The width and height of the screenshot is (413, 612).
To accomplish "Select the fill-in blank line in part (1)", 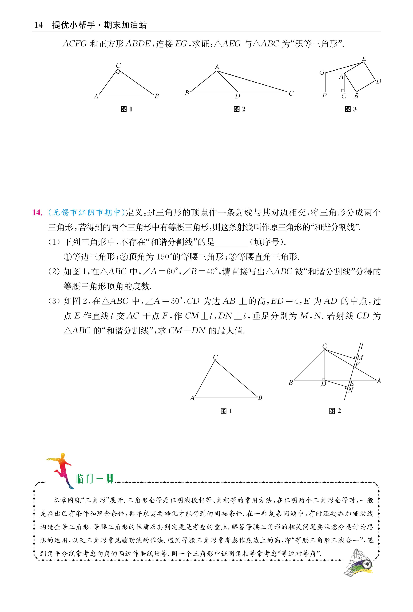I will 232,242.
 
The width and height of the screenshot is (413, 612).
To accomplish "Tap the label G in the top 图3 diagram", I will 322,72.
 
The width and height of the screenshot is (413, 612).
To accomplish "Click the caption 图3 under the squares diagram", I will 350,109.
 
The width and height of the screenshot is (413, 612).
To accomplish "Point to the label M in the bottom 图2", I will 360,358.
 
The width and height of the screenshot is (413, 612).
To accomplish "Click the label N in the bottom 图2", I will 351,390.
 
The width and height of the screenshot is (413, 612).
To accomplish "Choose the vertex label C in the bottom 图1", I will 215,357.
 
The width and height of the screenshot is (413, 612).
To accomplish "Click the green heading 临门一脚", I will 95,479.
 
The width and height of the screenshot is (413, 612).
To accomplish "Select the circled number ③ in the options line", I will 233,257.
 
